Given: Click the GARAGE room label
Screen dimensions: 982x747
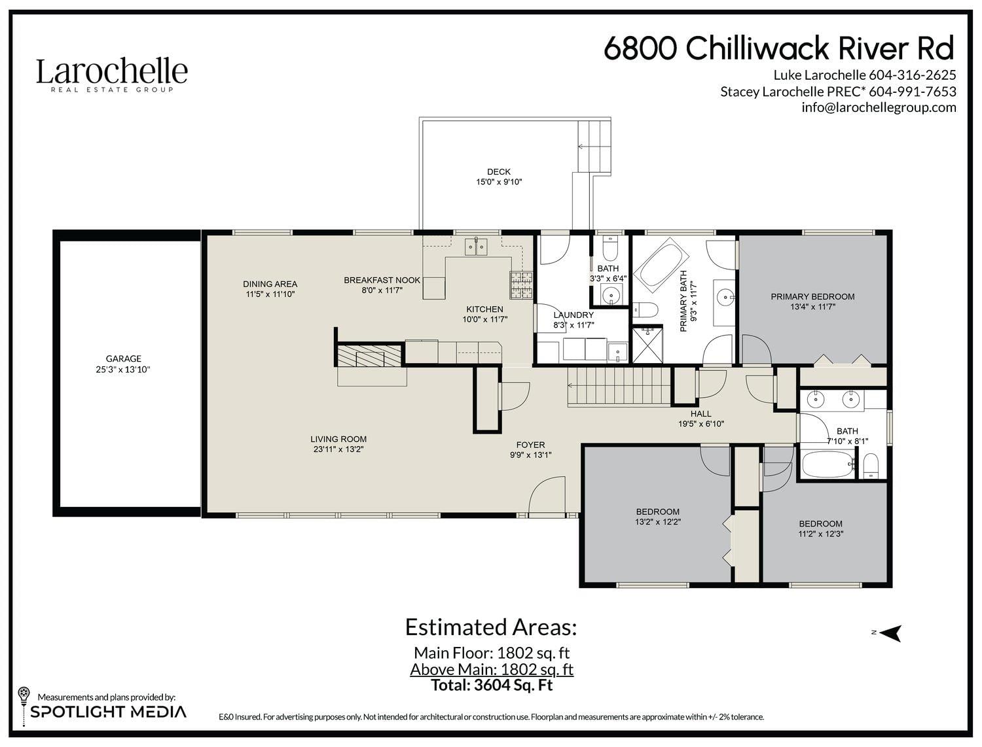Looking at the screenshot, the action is pyautogui.click(x=124, y=358).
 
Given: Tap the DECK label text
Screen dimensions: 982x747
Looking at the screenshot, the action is pyautogui.click(x=499, y=171).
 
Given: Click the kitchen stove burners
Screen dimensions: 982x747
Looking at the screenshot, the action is pyautogui.click(x=521, y=285).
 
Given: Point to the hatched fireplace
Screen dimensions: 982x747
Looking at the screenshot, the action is pyautogui.click(x=369, y=356).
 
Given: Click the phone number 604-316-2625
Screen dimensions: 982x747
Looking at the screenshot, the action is pyautogui.click(x=912, y=75).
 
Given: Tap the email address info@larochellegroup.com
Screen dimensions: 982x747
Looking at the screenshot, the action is pyautogui.click(x=879, y=107).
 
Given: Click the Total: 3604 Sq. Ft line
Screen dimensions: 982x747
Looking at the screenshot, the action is pyautogui.click(x=492, y=685).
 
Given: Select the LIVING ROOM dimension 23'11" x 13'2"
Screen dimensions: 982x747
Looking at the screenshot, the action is pyautogui.click(x=338, y=449).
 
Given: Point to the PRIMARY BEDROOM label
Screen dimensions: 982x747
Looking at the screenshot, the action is pyautogui.click(x=812, y=296).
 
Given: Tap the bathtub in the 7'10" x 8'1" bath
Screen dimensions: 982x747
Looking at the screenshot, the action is pyautogui.click(x=827, y=465).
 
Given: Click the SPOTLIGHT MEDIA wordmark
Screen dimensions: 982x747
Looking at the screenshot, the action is pyautogui.click(x=108, y=712).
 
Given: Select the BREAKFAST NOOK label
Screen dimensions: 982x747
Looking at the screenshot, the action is pyautogui.click(x=382, y=281).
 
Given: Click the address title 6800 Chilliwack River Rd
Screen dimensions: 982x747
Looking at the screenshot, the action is pyautogui.click(x=779, y=48).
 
